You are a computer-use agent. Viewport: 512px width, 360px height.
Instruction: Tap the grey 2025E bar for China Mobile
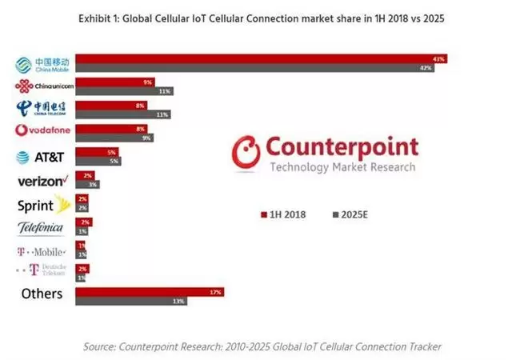pyautogui.click(x=256, y=69)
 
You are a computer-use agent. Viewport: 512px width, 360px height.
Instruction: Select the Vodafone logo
pyautogui.click(x=43, y=130)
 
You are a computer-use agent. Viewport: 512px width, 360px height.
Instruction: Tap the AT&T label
pyautogui.click(x=41, y=157)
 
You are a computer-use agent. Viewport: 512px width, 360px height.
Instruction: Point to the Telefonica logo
pyautogui.click(x=41, y=228)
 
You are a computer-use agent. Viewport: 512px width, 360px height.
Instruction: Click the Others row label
pyautogui.click(x=42, y=294)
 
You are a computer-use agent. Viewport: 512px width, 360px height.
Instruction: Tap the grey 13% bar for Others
pyautogui.click(x=131, y=301)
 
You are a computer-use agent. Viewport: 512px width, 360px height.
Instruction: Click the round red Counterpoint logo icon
pyautogui.click(x=246, y=153)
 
